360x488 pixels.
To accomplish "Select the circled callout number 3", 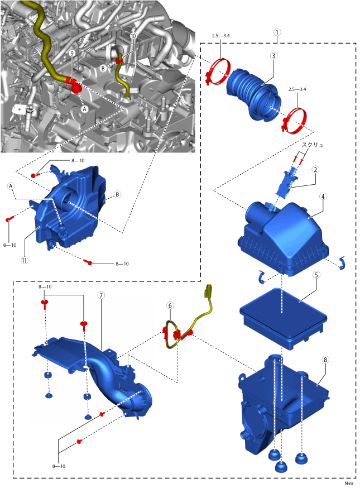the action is tap(273, 56).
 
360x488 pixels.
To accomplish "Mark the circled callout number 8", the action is tap(325, 360).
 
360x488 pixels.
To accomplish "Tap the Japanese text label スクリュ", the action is tap(313, 144).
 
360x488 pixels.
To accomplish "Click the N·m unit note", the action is tap(348, 483).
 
